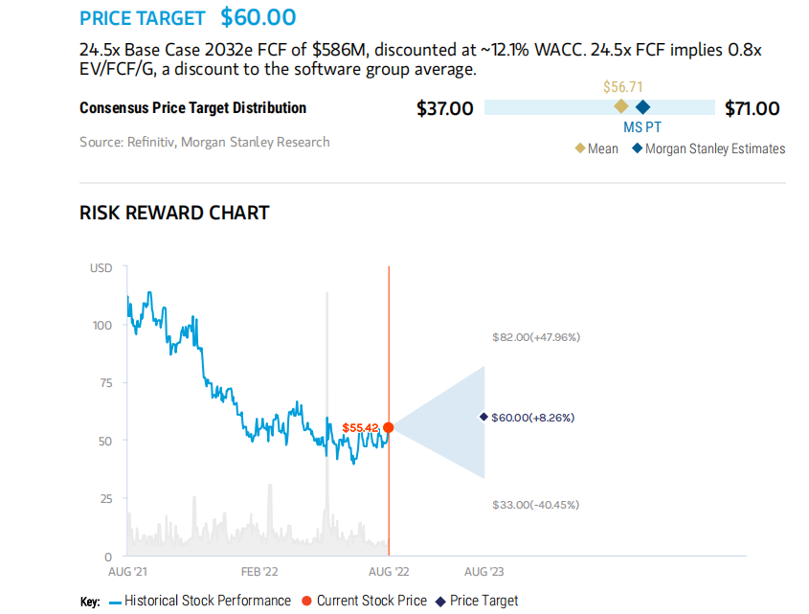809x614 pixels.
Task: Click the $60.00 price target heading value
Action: pyautogui.click(x=258, y=17)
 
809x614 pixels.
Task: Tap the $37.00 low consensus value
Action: pyautogui.click(x=444, y=108)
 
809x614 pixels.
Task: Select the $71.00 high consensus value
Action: pyautogui.click(x=753, y=108)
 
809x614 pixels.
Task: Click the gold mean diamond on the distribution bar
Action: pyautogui.click(x=620, y=106)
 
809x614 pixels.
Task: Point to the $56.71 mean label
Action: pyautogui.click(x=622, y=87)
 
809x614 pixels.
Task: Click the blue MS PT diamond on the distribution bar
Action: pyautogui.click(x=642, y=106)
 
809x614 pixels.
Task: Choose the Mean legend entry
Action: pyautogui.click(x=596, y=148)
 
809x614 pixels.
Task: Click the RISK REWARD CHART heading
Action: pyautogui.click(x=174, y=213)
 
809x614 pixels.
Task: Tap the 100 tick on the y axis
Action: pyautogui.click(x=102, y=325)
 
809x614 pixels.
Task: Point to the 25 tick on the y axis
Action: pyautogui.click(x=105, y=498)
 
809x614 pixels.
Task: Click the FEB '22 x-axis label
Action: pyautogui.click(x=259, y=572)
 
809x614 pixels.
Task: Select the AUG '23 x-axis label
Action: pyautogui.click(x=483, y=572)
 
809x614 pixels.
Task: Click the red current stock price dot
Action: pyautogui.click(x=388, y=427)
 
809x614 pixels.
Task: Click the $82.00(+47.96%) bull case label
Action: pyautogui.click(x=536, y=337)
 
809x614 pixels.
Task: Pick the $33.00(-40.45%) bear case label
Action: pyautogui.click(x=535, y=505)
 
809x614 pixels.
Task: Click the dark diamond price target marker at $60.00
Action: pyautogui.click(x=483, y=417)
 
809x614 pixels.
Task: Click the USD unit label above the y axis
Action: pyautogui.click(x=101, y=268)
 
